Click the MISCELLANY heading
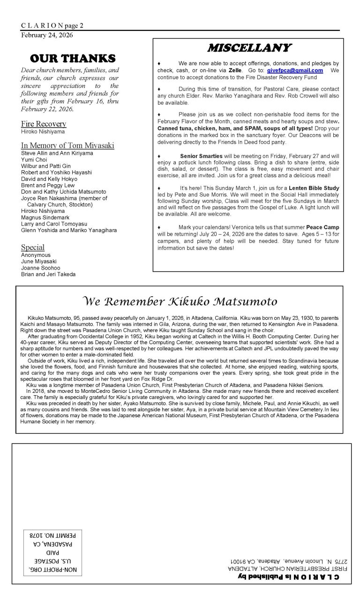click(249, 48)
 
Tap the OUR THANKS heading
click(72, 59)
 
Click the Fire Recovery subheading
click(44, 124)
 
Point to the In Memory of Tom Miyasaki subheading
click(67, 145)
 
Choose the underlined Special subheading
click(33, 247)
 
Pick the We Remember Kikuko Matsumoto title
click(180, 301)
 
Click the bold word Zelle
click(235, 70)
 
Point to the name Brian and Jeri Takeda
click(48, 275)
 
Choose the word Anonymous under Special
click(36, 255)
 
